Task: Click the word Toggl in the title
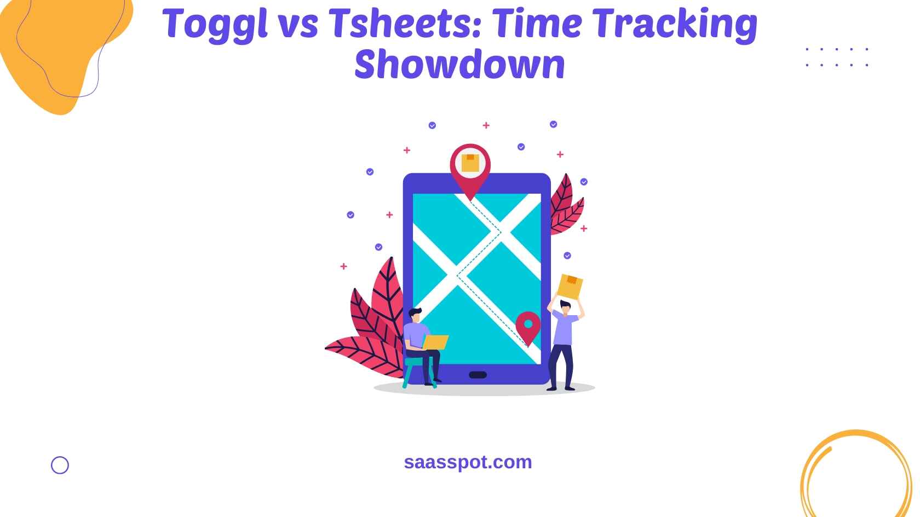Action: (x=215, y=25)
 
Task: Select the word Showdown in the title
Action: (x=460, y=64)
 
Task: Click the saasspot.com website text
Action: (x=468, y=462)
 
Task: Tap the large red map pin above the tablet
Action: (x=470, y=169)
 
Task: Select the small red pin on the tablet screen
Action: (x=528, y=327)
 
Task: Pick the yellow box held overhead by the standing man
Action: (x=570, y=287)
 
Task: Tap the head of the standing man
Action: (x=565, y=307)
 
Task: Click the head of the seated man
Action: (x=416, y=315)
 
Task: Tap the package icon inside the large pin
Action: (x=470, y=162)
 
